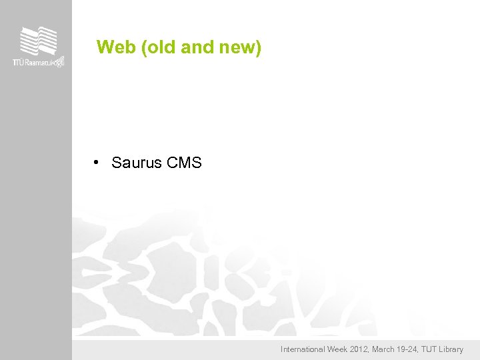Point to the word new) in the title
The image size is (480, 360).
pyautogui.click(x=240, y=47)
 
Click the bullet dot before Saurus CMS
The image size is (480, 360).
pyautogui.click(x=97, y=162)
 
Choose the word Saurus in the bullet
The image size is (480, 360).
pyautogui.click(x=132, y=163)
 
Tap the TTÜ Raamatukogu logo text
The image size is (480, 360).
pyautogui.click(x=39, y=62)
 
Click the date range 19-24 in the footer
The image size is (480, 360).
pyautogui.click(x=410, y=349)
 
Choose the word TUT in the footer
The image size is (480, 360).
pyautogui.click(x=431, y=349)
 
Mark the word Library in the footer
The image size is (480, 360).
pyautogui.click(x=453, y=349)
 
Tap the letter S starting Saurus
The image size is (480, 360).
pyautogui.click(x=116, y=163)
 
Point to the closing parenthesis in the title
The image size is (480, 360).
pyautogui.click(x=258, y=47)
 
